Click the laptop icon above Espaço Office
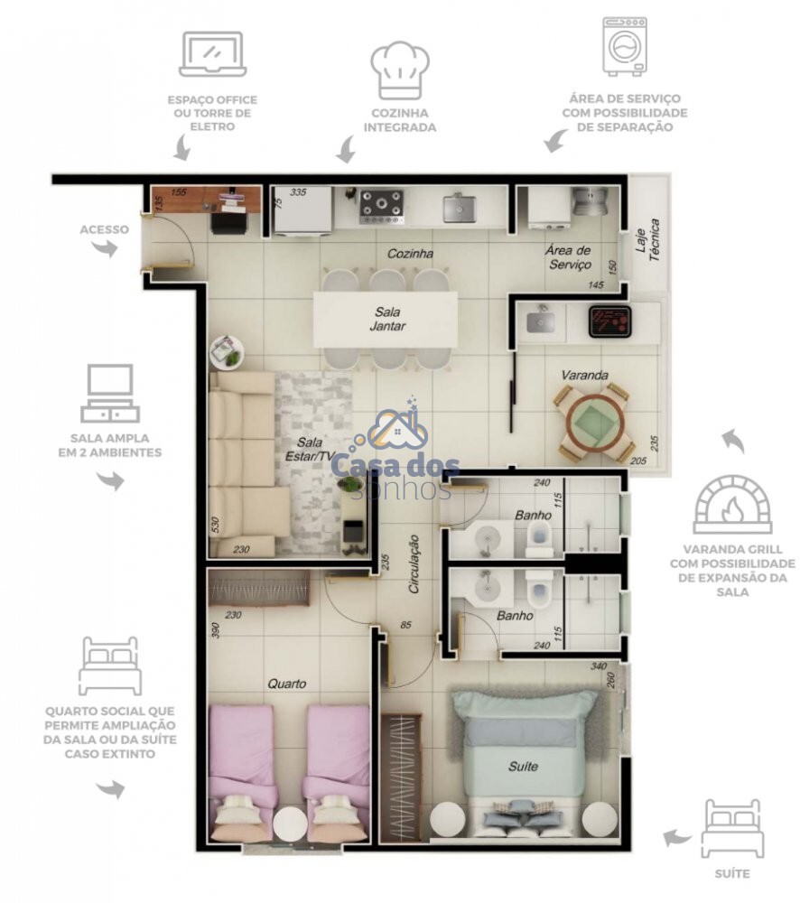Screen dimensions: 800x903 pyautogui.click(x=212, y=55)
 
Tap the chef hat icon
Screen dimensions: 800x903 pyautogui.click(x=400, y=70)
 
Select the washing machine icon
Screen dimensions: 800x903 pyautogui.click(x=624, y=47)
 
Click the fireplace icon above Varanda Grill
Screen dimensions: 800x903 pyautogui.click(x=732, y=504)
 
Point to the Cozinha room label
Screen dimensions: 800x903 pyautogui.click(x=410, y=254)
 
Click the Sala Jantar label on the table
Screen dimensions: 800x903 pyautogui.click(x=387, y=319)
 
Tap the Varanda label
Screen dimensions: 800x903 pyautogui.click(x=584, y=375)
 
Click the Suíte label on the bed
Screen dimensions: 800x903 pyautogui.click(x=523, y=767)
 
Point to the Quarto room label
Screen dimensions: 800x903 pyautogui.click(x=287, y=684)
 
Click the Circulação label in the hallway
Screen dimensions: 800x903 pyautogui.click(x=414, y=564)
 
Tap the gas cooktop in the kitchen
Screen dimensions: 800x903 pyautogui.click(x=381, y=207)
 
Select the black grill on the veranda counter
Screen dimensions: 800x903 pyautogui.click(x=610, y=321)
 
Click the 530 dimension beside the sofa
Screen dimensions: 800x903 pyautogui.click(x=215, y=525)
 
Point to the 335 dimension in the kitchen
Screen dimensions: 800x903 pyautogui.click(x=298, y=192)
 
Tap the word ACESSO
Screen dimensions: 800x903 pyautogui.click(x=104, y=229)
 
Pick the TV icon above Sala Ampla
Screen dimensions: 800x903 pyautogui.click(x=110, y=394)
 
